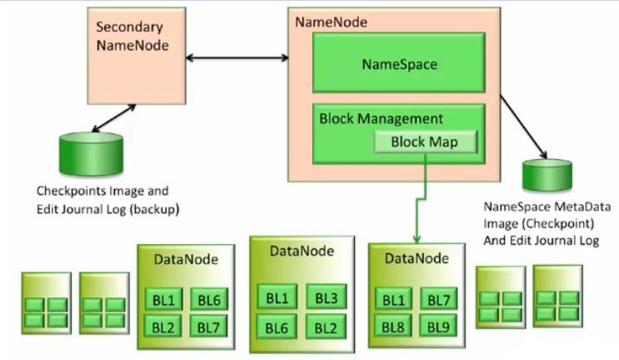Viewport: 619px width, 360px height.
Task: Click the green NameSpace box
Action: (x=398, y=62)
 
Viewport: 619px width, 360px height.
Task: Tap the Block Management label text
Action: (x=381, y=118)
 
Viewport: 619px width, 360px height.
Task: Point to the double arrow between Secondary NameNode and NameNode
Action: (x=237, y=57)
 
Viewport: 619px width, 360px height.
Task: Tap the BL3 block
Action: (x=326, y=297)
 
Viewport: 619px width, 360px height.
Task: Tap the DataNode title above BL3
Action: (x=302, y=251)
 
